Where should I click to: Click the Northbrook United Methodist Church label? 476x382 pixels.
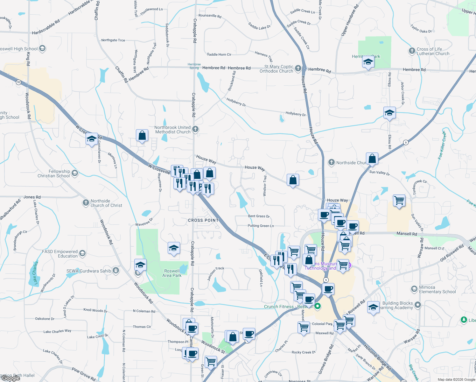point(172,130)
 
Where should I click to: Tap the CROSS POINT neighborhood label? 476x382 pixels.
point(203,220)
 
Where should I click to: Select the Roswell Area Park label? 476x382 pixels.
point(172,273)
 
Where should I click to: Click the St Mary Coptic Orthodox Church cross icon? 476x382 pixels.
point(298,68)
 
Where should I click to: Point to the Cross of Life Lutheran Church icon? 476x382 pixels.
point(412,51)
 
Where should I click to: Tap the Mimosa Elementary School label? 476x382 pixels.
point(437,289)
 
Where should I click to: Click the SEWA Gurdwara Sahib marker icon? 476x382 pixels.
point(115,271)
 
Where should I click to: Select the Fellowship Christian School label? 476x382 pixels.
point(54,173)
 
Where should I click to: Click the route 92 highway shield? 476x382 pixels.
point(19,82)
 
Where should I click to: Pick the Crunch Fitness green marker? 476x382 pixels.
point(317,306)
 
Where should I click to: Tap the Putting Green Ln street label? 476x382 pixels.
point(261,226)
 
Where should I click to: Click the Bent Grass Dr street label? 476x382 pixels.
point(259,216)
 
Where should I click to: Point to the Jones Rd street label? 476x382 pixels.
point(32,197)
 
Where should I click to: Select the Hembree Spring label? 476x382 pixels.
point(194,66)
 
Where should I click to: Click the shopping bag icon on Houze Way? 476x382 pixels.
point(293,180)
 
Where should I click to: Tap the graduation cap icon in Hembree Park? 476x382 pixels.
point(368,62)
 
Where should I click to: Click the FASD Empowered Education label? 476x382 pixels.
point(60,254)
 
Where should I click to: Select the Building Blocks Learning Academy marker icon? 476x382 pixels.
point(418,305)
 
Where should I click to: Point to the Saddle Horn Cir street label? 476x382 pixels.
point(219,54)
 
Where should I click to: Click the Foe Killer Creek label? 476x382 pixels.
point(442,145)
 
